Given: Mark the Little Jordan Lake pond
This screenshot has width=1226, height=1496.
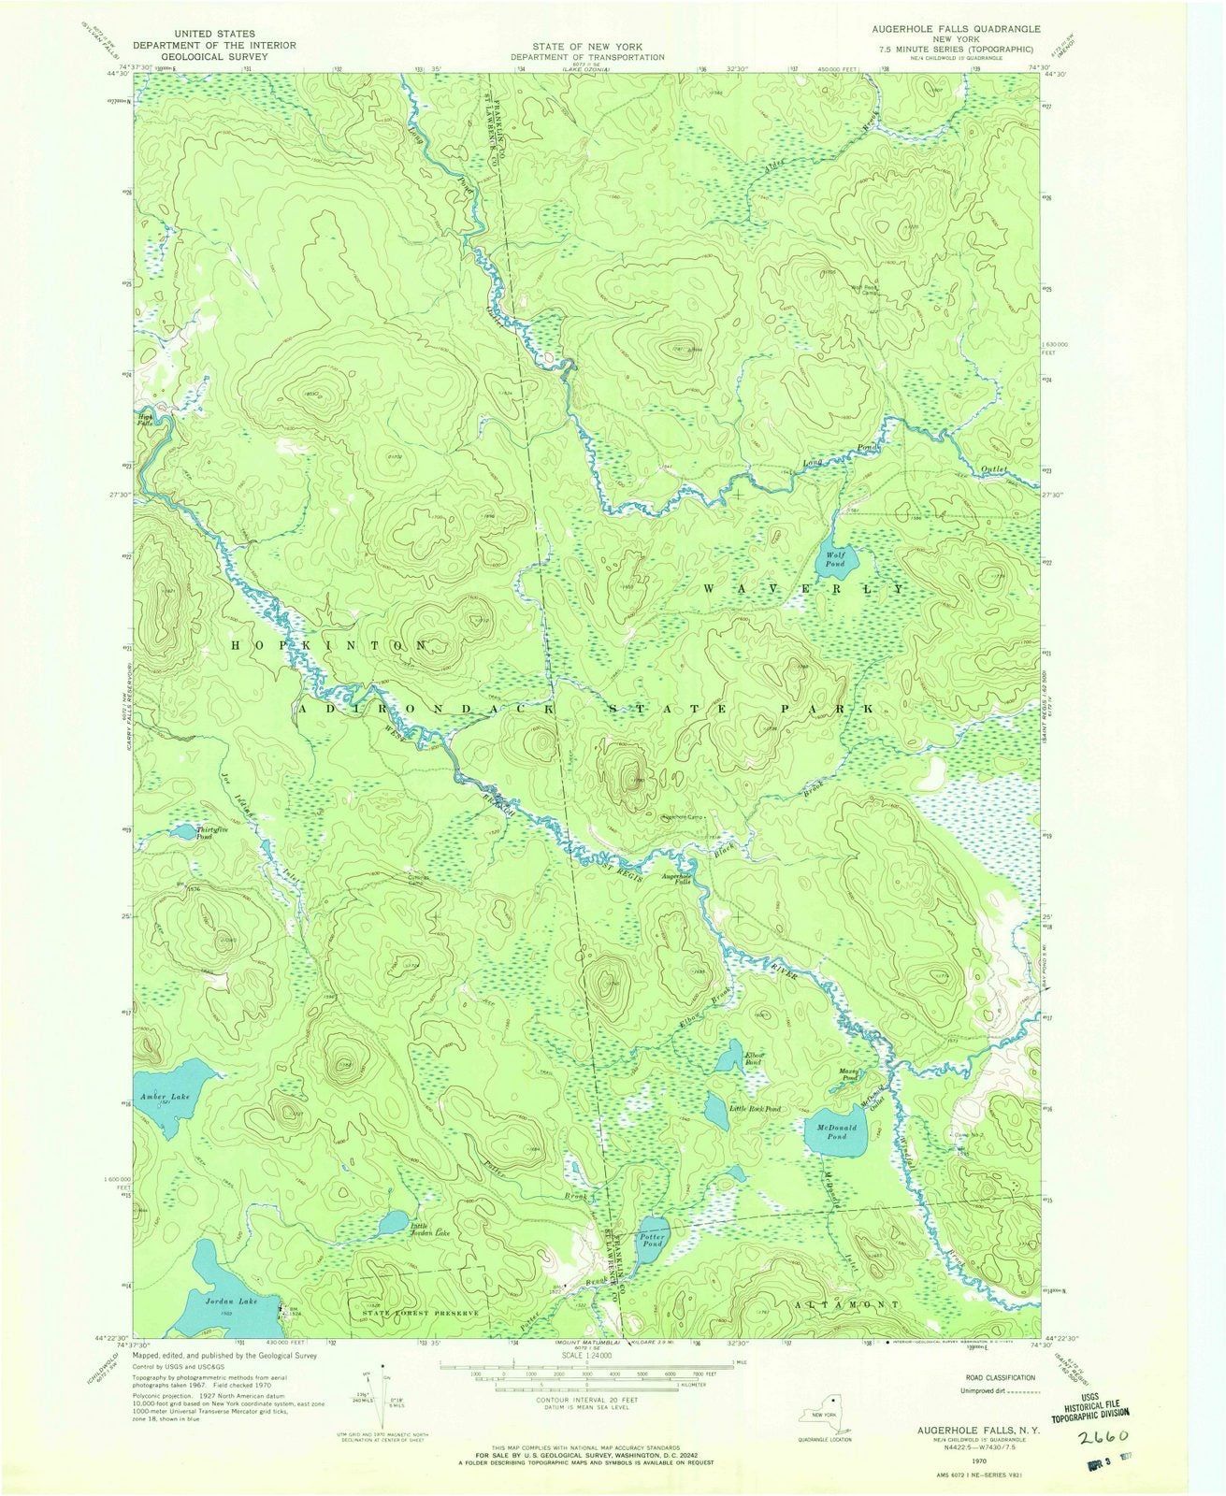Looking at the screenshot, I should click(390, 1225).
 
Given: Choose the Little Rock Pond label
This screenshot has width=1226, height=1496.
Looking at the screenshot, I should click(756, 1109).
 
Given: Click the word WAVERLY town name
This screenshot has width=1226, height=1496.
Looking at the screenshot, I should click(801, 589).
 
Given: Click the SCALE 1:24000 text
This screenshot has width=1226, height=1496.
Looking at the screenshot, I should click(586, 1355).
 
